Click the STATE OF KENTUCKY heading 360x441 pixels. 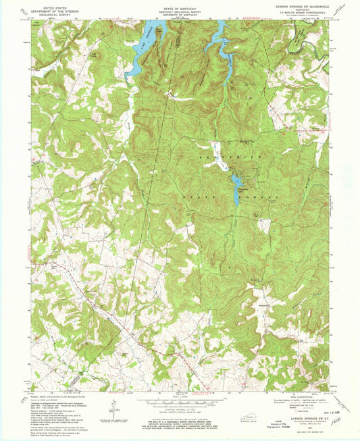[x=180, y=6]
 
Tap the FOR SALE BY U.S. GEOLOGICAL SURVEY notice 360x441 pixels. [x=180, y=422]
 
